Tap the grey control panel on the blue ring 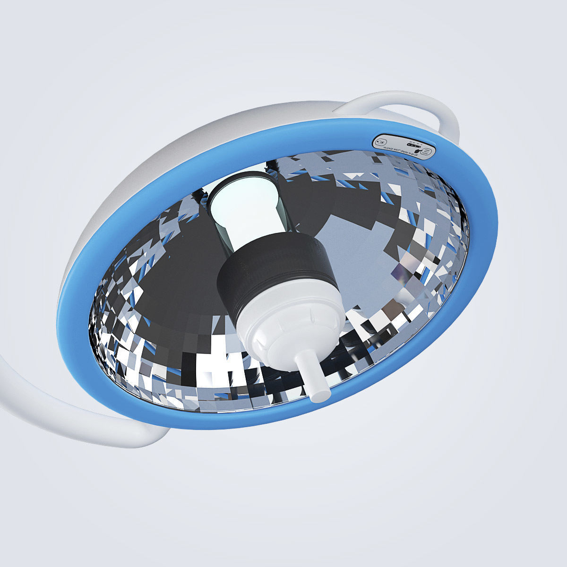tap(404, 147)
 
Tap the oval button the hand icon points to tap(426, 151)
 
